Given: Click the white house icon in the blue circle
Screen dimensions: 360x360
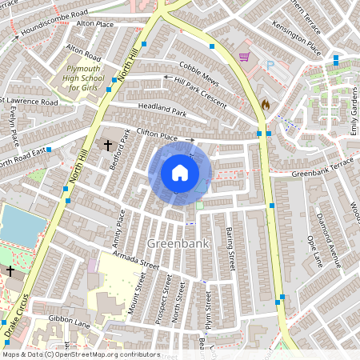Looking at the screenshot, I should coord(180,173).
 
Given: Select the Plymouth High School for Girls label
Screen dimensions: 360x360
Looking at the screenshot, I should coord(82,78).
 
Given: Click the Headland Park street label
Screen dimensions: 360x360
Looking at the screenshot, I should coord(162,114).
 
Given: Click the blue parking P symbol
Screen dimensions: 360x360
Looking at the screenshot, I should coord(270,65).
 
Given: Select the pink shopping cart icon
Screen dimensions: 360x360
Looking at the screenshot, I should coord(245,57).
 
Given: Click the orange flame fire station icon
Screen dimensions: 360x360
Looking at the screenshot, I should coord(266,104).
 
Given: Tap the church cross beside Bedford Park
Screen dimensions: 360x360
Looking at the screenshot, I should coord(108,146).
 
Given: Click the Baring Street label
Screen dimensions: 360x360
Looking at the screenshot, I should coord(230,244).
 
